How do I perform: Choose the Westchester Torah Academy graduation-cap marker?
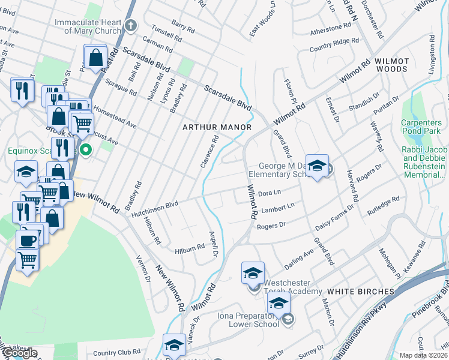click(253, 272)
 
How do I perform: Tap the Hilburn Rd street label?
click(190, 248)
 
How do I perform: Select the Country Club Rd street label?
click(116, 353)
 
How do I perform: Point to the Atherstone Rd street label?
click(330, 29)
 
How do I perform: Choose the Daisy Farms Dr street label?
click(334, 220)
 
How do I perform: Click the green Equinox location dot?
click(86, 150)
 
